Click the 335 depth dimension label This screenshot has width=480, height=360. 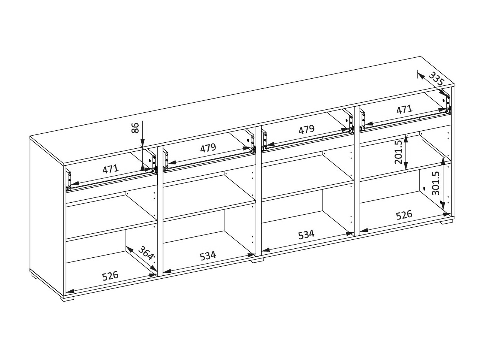[x=437, y=79]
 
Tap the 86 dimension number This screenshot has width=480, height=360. [x=135, y=128]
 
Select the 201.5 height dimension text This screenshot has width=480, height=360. [x=398, y=152]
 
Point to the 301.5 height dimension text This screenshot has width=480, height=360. [x=436, y=183]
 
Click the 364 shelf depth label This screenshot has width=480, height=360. [x=146, y=253]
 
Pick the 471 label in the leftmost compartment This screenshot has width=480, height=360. [x=111, y=169]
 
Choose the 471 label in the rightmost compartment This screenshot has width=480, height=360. [x=404, y=109]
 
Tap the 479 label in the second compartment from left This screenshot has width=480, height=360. [x=208, y=148]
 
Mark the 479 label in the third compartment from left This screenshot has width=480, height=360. [x=307, y=129]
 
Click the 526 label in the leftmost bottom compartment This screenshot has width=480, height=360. [x=110, y=276]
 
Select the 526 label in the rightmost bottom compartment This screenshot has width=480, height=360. [x=404, y=215]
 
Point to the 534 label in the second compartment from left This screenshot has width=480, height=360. [x=208, y=256]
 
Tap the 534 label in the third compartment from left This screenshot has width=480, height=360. [x=306, y=234]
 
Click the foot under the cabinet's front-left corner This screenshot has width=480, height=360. [x=67, y=298]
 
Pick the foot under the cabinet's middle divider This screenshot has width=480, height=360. [x=257, y=260]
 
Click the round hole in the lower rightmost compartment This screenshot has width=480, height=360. [x=424, y=189]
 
